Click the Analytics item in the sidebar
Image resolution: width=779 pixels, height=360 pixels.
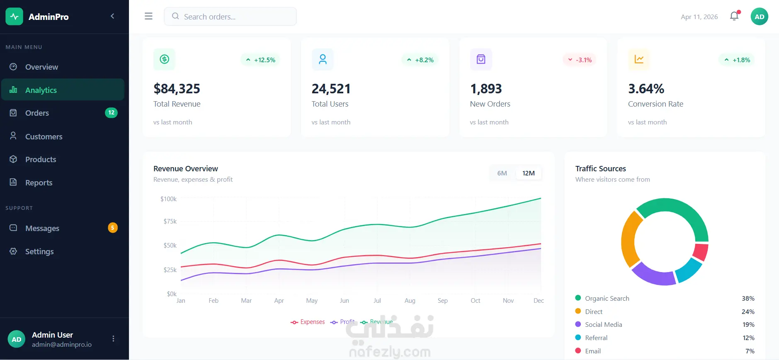pyautogui.click(x=63, y=90)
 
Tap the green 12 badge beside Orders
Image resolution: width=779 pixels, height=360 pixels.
pyautogui.click(x=111, y=113)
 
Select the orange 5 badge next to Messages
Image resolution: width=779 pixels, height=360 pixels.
pyautogui.click(x=112, y=228)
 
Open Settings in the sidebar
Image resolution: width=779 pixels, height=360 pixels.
pyautogui.click(x=39, y=251)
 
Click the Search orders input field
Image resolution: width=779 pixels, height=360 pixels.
pyautogui.click(x=230, y=17)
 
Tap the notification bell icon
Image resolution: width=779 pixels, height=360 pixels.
pyautogui.click(x=734, y=16)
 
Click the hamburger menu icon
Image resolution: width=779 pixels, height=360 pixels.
pyautogui.click(x=148, y=16)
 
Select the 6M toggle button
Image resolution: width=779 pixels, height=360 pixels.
pyautogui.click(x=502, y=173)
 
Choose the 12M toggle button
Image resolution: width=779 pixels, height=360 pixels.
pyautogui.click(x=528, y=173)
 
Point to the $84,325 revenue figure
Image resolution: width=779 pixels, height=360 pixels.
pyautogui.click(x=177, y=89)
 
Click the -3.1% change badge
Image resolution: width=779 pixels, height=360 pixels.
pyautogui.click(x=580, y=60)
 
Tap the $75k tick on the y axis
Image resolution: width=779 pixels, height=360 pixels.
pyautogui.click(x=170, y=221)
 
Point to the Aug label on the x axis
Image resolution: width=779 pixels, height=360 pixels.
pyautogui.click(x=410, y=301)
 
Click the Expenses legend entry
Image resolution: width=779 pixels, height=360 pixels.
pyautogui.click(x=308, y=322)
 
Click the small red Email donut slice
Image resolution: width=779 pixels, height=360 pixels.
pyautogui.click(x=701, y=252)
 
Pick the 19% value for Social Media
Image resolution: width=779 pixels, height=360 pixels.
pyautogui.click(x=748, y=325)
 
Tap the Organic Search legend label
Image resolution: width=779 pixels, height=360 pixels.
pyautogui.click(x=607, y=298)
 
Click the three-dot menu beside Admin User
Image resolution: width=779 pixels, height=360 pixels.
pyautogui.click(x=113, y=339)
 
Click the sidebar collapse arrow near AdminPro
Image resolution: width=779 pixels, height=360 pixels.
pyautogui.click(x=112, y=16)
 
